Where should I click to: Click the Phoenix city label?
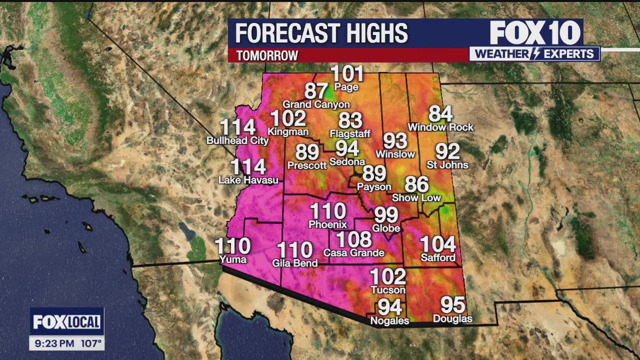(327, 224)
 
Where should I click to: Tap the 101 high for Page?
(347, 74)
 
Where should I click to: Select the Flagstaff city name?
(350, 133)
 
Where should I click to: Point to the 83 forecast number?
(350, 121)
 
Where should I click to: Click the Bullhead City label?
(237, 140)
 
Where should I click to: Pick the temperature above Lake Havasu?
(248, 167)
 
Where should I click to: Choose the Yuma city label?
(233, 259)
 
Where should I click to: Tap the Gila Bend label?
(294, 263)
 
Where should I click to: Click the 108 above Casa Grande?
(353, 240)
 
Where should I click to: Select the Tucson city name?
(388, 289)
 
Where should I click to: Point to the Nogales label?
(389, 320)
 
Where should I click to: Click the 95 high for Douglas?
(452, 305)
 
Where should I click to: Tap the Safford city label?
(438, 257)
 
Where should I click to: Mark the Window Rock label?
(440, 127)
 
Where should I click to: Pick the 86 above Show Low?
(416, 185)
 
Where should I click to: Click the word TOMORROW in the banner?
(267, 55)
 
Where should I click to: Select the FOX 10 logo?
(535, 33)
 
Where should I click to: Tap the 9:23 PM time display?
(54, 343)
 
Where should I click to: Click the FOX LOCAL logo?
(66, 322)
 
